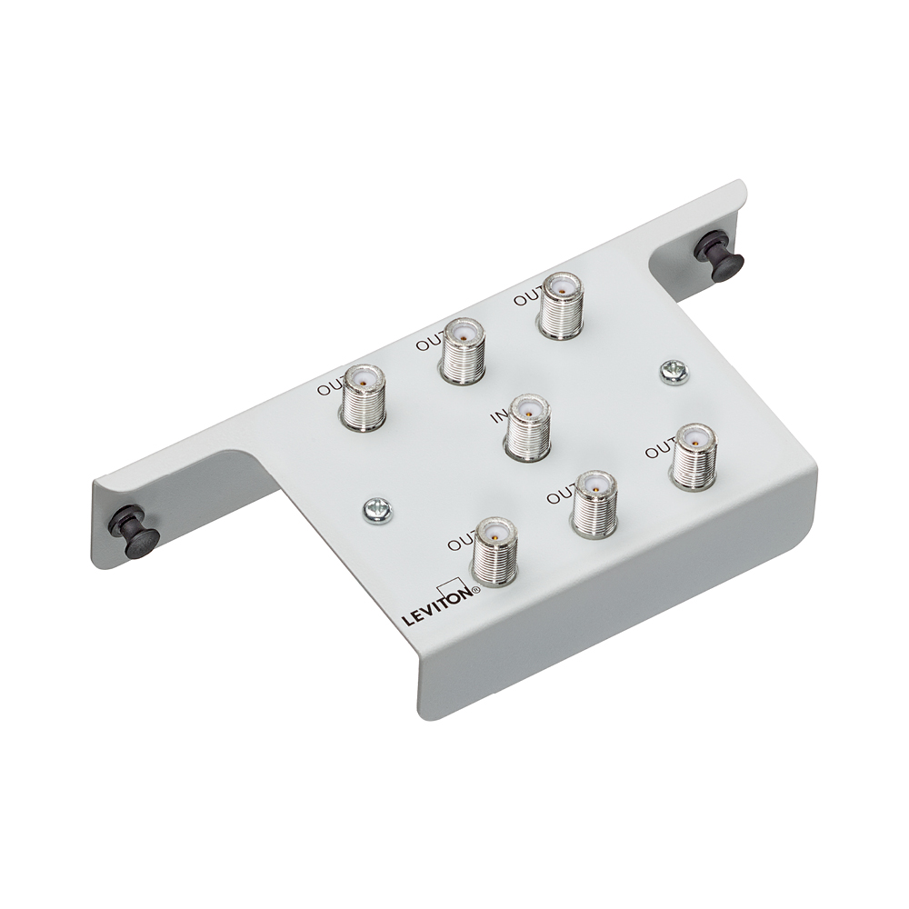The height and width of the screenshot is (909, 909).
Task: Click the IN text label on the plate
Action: point(499,417)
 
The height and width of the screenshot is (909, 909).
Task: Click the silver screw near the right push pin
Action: point(674,370)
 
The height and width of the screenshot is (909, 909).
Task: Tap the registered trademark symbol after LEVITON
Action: point(475,591)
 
